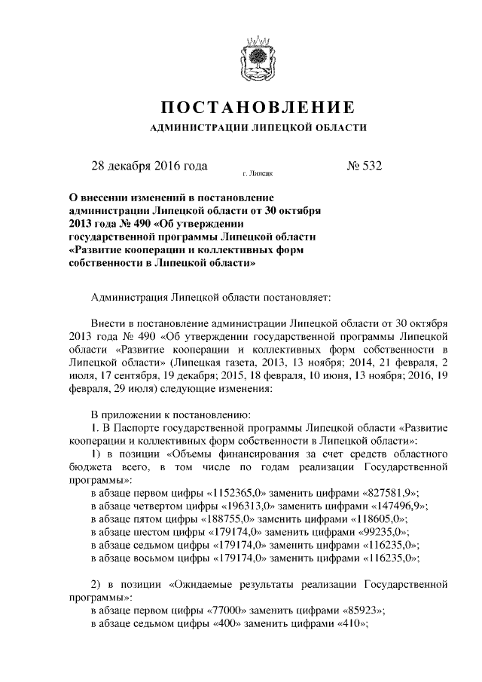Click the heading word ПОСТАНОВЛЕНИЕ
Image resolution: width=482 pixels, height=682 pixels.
(x=258, y=106)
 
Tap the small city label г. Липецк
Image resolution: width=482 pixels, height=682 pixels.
(x=258, y=173)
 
